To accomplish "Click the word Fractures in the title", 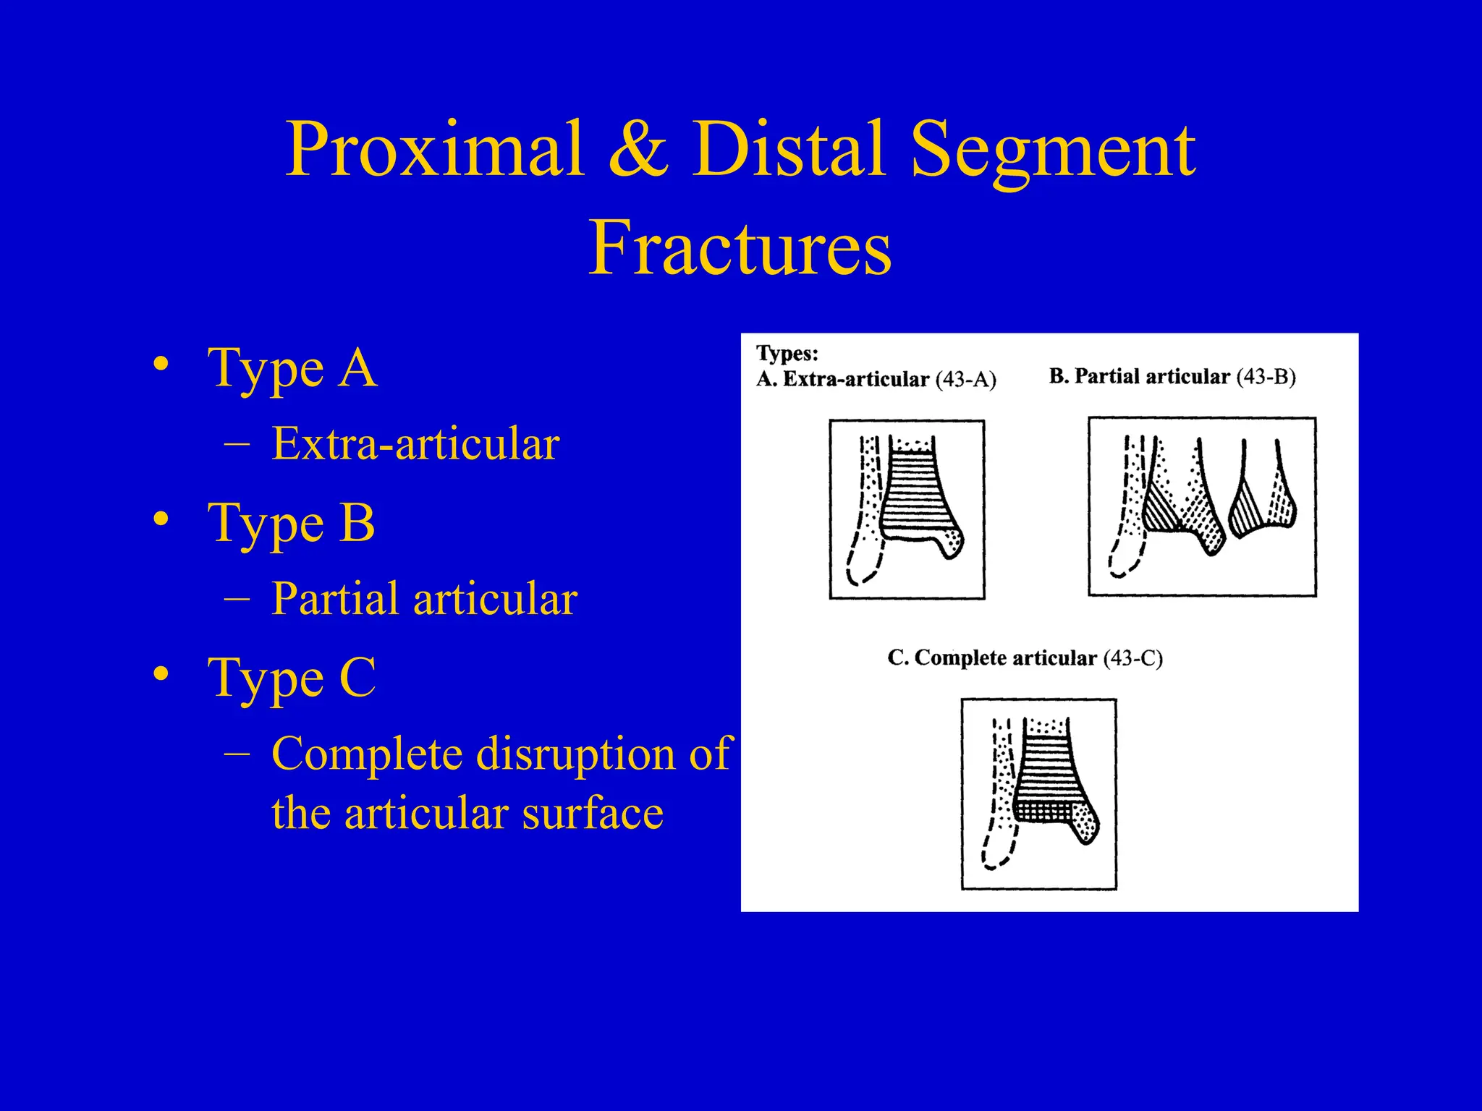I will [740, 248].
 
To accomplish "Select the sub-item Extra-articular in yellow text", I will [415, 443].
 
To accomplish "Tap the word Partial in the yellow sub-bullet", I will [337, 599].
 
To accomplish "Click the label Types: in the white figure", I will [787, 354].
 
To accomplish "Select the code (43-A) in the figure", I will [965, 380].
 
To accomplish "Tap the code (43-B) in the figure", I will [1266, 377].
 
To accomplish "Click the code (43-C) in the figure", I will [1132, 658].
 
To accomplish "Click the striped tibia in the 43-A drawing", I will [915, 499].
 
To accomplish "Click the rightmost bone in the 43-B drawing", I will [1263, 503].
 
